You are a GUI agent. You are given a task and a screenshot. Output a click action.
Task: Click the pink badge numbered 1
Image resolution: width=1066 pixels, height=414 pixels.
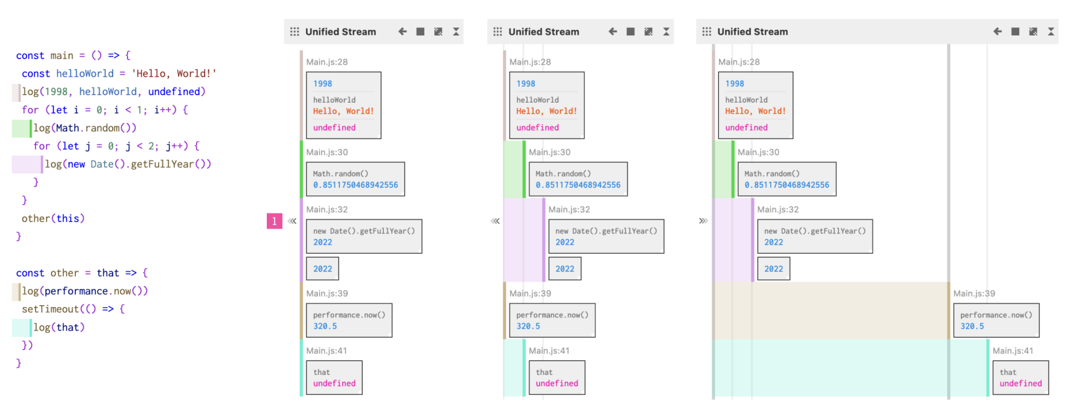point(274,221)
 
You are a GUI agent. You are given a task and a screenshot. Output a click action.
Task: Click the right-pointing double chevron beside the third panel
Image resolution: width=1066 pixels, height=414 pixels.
point(703,221)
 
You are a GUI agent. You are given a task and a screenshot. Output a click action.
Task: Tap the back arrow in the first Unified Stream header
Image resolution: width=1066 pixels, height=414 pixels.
point(402,32)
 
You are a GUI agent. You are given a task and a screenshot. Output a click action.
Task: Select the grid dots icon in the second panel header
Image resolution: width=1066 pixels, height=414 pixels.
point(498,32)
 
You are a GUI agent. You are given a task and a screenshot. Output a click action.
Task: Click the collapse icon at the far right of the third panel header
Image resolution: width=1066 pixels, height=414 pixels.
point(1051,32)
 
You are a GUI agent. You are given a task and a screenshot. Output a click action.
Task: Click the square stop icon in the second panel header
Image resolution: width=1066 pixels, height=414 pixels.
point(631,32)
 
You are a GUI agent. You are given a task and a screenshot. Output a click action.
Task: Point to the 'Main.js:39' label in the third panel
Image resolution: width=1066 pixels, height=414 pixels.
point(974,293)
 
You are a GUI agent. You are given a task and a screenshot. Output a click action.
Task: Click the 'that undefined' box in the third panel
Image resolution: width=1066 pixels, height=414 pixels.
point(1021,378)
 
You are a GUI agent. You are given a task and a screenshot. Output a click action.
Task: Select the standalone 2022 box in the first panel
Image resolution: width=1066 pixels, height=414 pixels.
point(323,269)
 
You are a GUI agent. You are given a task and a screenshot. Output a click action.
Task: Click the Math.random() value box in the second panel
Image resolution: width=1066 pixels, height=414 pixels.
point(578,179)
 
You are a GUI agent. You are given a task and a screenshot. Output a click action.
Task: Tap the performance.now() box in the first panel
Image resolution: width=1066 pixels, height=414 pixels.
point(350,320)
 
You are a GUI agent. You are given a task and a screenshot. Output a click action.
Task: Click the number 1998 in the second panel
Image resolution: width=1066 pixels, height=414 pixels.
point(526,84)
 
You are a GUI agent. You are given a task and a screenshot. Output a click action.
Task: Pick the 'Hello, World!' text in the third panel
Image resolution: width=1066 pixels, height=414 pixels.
point(755,111)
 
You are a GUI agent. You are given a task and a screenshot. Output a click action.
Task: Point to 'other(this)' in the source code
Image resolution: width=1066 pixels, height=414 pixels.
point(53,218)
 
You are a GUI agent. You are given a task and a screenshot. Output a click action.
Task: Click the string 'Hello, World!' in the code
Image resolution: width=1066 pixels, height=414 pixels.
point(174,73)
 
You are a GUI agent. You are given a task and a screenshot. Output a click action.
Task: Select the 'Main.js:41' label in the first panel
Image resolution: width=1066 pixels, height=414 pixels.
point(327,351)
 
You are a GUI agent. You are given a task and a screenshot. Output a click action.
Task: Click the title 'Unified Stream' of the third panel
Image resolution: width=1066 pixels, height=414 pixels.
point(753,32)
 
